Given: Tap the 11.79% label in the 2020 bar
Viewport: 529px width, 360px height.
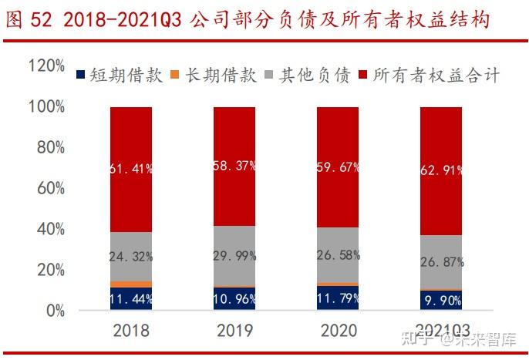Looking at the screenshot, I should click(338, 297).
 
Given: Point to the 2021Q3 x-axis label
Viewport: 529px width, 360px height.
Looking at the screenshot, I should click(441, 331).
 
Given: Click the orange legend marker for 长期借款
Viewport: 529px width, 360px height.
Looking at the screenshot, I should click(174, 75).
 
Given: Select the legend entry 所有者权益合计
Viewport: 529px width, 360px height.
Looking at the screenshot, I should click(436, 75).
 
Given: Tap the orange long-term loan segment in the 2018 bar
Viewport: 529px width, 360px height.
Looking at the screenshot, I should click(131, 284).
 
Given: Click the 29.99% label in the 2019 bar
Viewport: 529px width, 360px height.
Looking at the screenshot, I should click(234, 256).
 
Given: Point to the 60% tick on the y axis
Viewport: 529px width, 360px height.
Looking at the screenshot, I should click(49, 188).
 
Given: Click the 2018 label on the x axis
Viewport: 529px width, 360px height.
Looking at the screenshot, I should click(131, 331).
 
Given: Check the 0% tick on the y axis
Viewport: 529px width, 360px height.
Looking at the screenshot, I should click(53, 311).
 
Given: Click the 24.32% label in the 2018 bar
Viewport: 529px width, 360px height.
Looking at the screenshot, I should click(131, 256).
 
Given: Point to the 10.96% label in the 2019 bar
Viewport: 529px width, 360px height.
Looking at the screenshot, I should click(234, 298).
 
